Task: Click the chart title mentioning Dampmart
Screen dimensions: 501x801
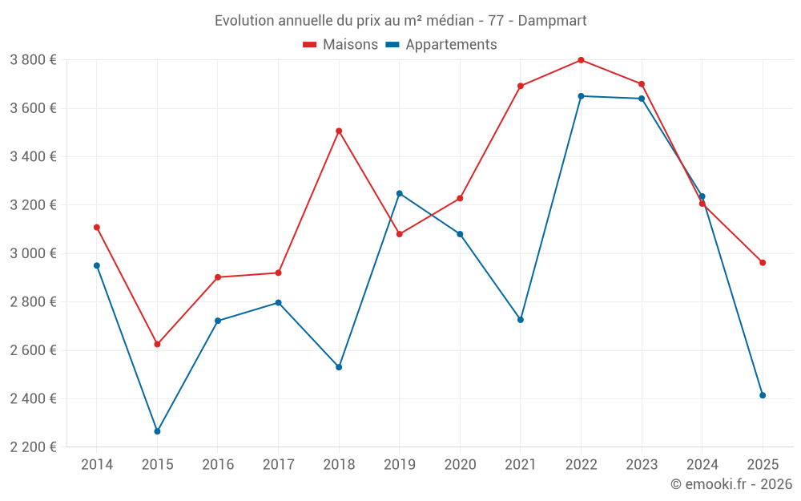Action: (400, 20)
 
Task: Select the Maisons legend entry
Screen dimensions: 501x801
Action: (340, 45)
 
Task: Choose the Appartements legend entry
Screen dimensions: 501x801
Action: (441, 45)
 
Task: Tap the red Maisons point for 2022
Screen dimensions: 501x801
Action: (581, 60)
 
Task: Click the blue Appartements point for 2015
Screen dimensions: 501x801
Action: (157, 431)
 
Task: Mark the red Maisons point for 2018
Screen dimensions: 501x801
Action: (339, 131)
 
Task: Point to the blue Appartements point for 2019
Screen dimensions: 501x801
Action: (400, 193)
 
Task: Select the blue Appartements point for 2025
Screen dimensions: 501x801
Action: (763, 395)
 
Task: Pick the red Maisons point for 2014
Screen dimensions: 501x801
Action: (97, 227)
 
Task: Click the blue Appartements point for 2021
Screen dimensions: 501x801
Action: (521, 320)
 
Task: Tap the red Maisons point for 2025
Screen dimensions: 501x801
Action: (763, 262)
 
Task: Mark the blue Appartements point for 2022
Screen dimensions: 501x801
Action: (581, 96)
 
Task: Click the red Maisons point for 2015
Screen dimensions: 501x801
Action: (157, 344)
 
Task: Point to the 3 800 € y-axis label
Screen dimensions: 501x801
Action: (33, 60)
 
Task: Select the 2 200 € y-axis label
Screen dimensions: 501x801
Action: (33, 447)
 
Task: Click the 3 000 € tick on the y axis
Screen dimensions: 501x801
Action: (33, 253)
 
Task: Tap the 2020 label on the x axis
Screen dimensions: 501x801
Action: (460, 465)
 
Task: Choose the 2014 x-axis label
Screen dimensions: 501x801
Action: (97, 465)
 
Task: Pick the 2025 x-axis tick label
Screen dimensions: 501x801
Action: (763, 465)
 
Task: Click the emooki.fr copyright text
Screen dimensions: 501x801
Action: (731, 484)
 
